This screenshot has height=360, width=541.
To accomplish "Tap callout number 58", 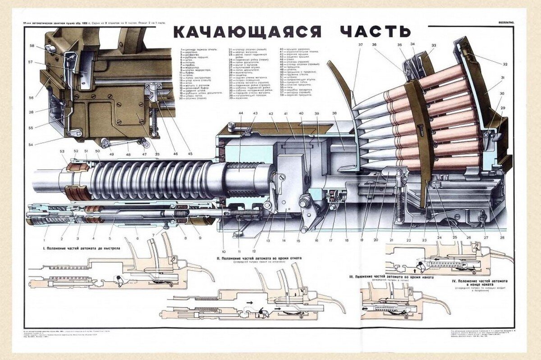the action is click(x=32, y=46).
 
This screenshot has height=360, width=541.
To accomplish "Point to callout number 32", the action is click(x=505, y=64).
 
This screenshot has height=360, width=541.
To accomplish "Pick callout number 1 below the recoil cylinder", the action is click(x=46, y=235).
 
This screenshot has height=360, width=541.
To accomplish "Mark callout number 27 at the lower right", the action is click(x=486, y=237).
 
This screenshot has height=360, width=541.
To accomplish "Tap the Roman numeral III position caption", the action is click(x=390, y=277).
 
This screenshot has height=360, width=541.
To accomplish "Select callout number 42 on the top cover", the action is click(x=271, y=115).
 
